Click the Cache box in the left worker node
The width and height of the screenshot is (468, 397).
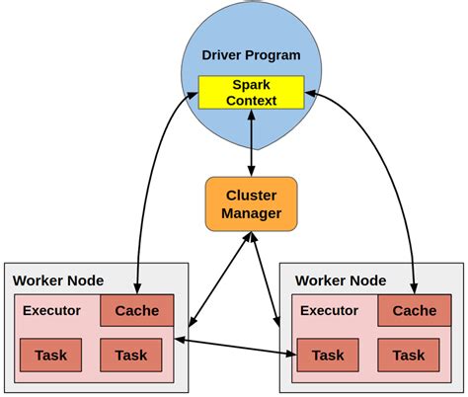click(136, 310)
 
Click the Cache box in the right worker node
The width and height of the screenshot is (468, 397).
click(414, 310)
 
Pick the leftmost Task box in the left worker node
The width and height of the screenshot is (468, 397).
click(49, 355)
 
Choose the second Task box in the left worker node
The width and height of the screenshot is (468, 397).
click(130, 355)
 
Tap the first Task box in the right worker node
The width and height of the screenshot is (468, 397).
click(328, 355)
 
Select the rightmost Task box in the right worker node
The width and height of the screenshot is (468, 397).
click(408, 355)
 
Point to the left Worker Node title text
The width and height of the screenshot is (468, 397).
click(58, 280)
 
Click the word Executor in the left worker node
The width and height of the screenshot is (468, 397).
click(52, 310)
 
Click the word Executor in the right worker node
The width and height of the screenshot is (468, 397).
click(329, 310)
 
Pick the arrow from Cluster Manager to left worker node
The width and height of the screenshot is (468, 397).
click(217, 280)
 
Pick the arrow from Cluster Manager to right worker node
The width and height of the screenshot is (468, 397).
click(265, 280)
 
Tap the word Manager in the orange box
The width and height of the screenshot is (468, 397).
click(251, 213)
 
